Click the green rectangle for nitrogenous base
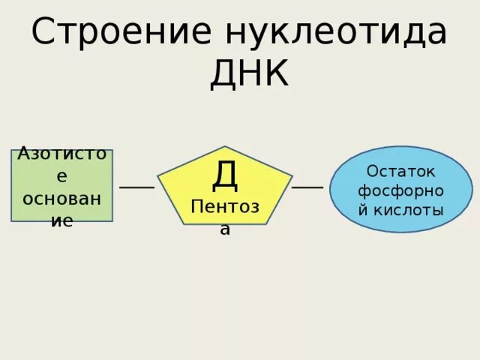pyautogui.click(x=61, y=185)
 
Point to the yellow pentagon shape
pyautogui.click(x=224, y=187)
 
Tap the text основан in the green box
pyautogui.click(x=62, y=199)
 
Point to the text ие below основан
pyautogui.click(x=62, y=221)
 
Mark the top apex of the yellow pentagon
pyautogui.click(x=224, y=147)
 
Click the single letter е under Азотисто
pyautogui.click(x=62, y=177)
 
